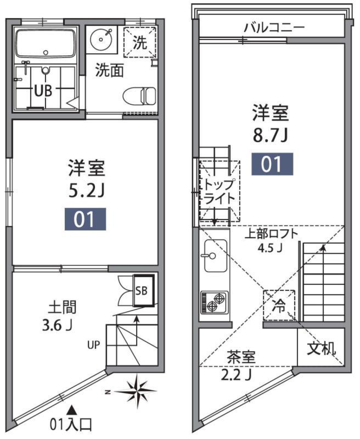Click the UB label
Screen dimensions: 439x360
point(43,91)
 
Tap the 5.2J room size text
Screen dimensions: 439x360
point(86,192)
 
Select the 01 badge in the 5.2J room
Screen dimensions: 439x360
point(86,219)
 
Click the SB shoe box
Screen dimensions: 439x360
point(144,291)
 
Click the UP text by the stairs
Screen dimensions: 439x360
point(94,344)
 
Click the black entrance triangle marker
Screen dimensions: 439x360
point(71,409)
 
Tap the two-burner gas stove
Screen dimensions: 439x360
point(215,302)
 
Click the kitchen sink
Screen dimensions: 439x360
point(215,256)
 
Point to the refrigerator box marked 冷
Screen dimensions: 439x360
point(279,306)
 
